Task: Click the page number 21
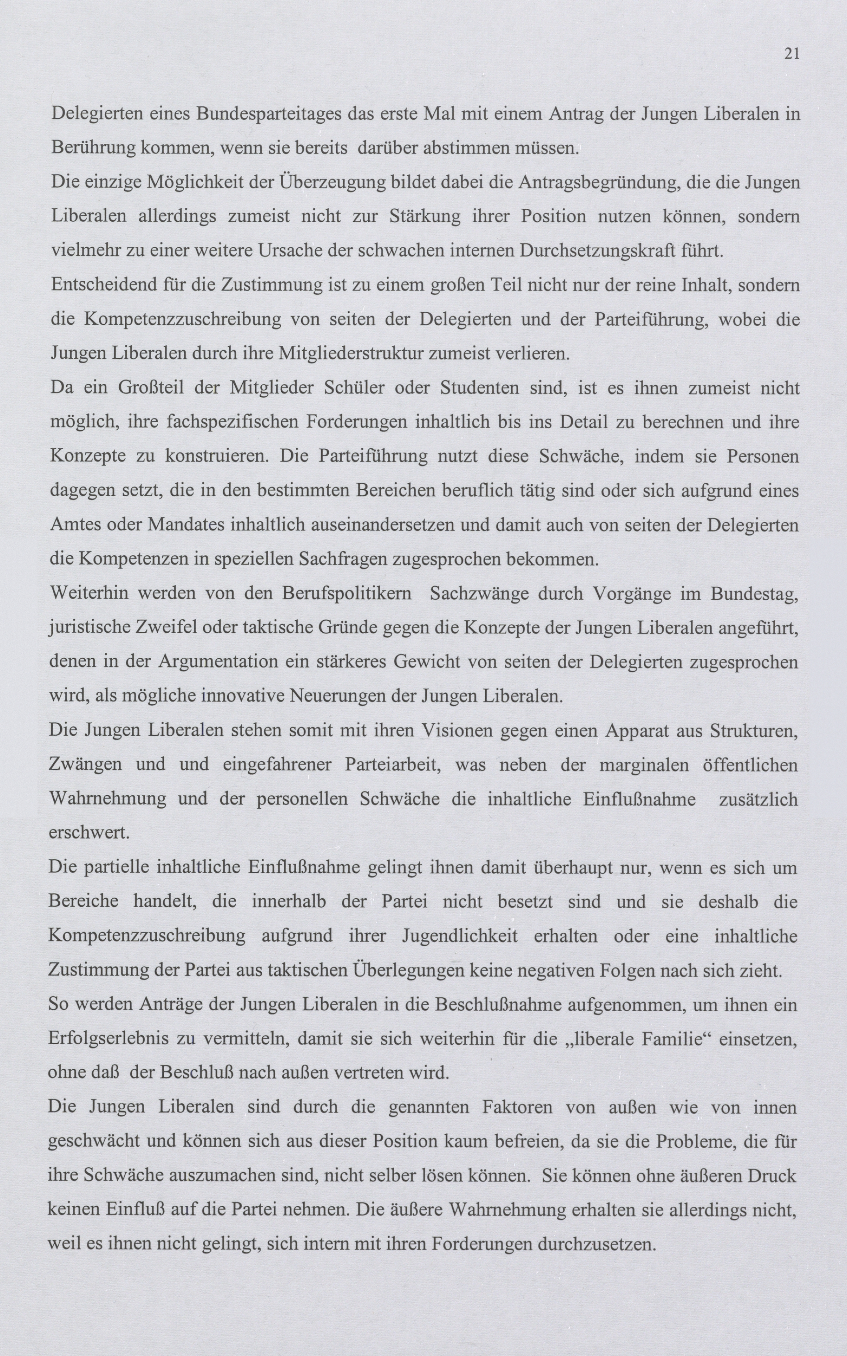[x=791, y=54]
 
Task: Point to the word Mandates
[x=183, y=525]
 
